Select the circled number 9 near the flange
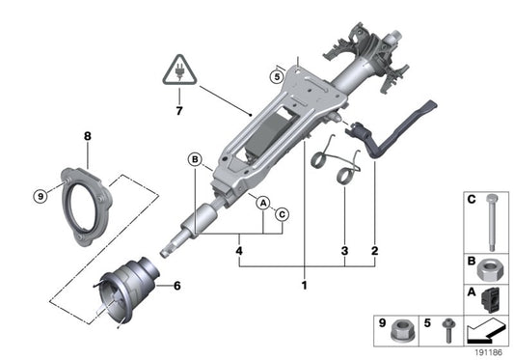(x=40, y=196)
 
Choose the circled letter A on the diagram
(x=261, y=202)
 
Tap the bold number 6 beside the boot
(x=176, y=285)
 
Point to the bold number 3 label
(x=344, y=252)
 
